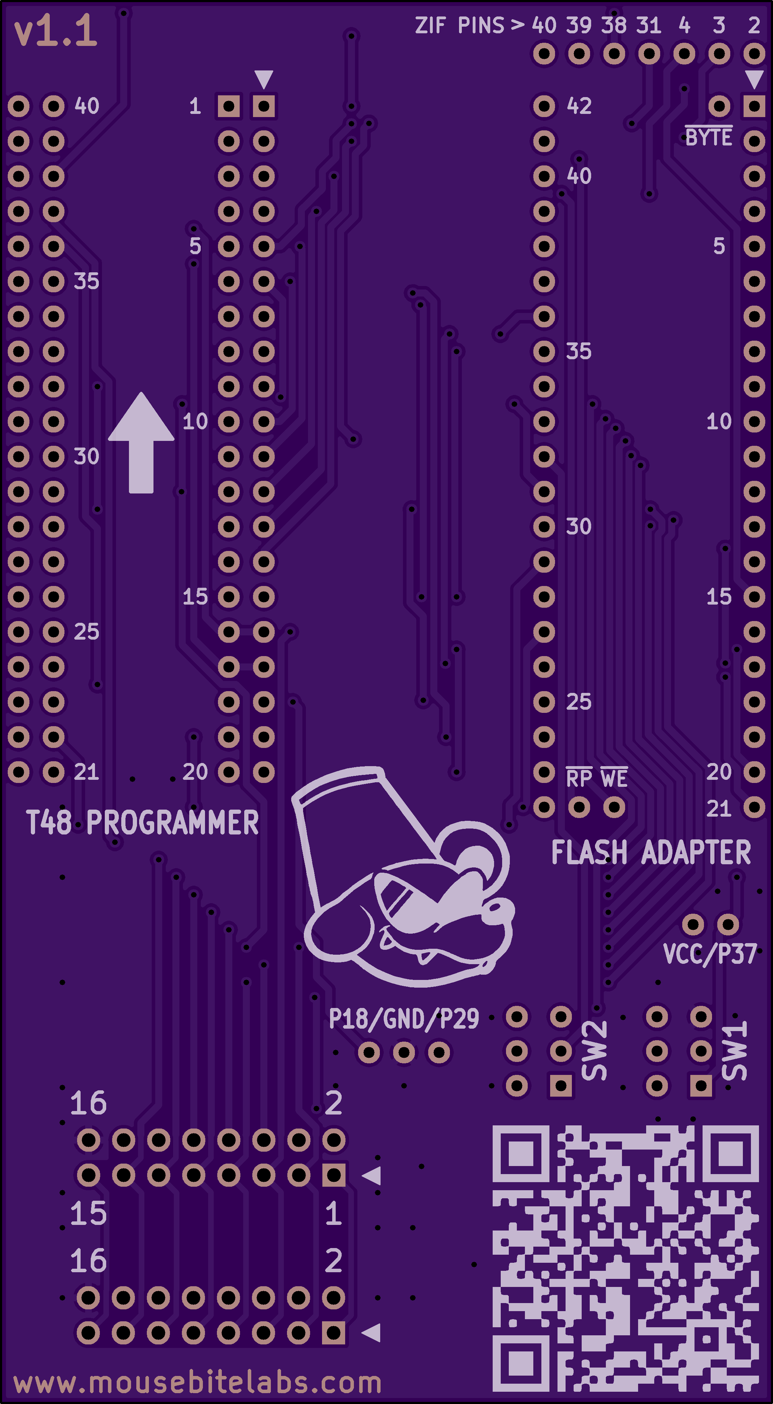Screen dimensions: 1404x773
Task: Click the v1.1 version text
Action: [x=56, y=32]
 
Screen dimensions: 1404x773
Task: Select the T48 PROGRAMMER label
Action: [x=142, y=823]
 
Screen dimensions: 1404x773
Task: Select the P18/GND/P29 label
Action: [x=404, y=1019]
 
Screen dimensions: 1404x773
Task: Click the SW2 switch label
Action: [x=594, y=1050]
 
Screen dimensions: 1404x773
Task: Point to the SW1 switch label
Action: [x=734, y=1050]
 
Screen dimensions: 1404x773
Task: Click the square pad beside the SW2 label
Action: [x=561, y=1086]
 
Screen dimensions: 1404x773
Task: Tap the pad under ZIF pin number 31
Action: [x=649, y=54]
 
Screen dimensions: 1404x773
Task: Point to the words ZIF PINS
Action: [x=459, y=26]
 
